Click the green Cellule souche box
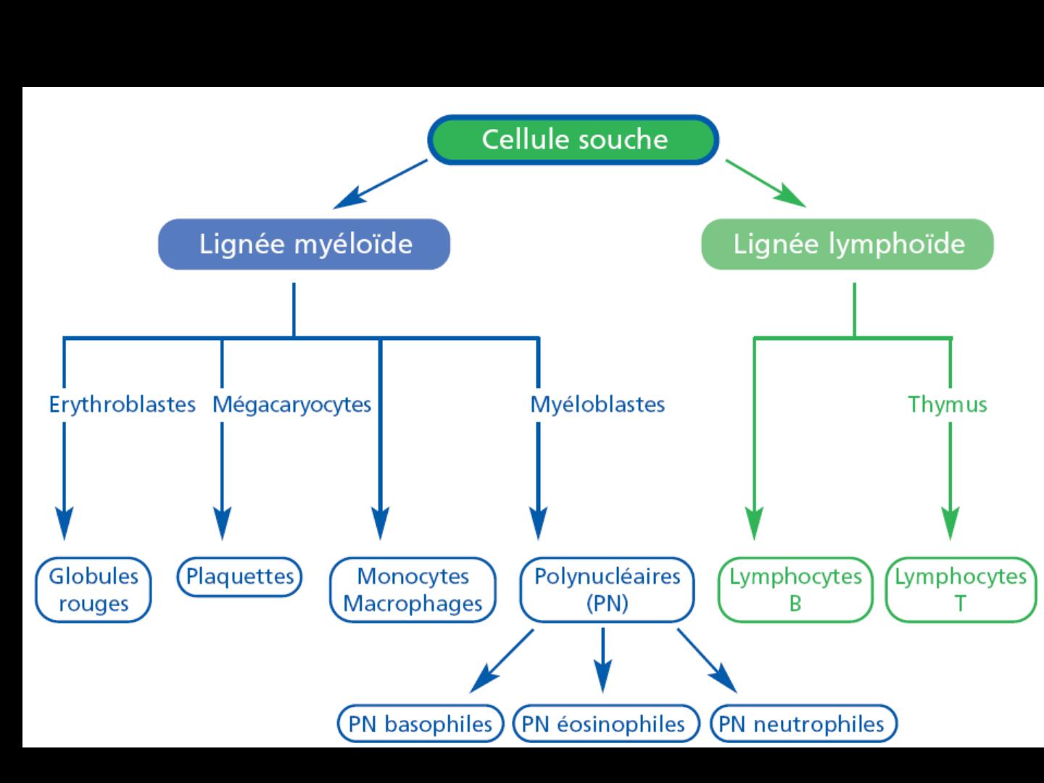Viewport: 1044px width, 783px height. click(x=573, y=140)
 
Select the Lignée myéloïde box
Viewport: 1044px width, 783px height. click(x=304, y=244)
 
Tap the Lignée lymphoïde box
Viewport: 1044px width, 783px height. click(x=848, y=244)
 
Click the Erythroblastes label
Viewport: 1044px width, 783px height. click(x=123, y=405)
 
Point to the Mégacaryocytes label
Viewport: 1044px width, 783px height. click(x=291, y=405)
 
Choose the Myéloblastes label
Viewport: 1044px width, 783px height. click(x=597, y=405)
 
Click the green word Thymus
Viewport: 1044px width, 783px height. click(x=948, y=405)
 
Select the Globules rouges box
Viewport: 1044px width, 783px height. click(x=94, y=589)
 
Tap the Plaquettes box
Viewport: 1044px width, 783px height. click(x=239, y=576)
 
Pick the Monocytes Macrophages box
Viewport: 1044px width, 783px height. click(x=413, y=589)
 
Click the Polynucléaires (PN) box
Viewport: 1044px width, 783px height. click(x=608, y=589)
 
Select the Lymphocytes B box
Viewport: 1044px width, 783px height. click(x=795, y=589)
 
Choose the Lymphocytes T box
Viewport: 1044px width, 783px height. click(x=961, y=589)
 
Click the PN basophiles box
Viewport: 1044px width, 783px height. click(x=420, y=724)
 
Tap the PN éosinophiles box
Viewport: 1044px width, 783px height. click(x=606, y=724)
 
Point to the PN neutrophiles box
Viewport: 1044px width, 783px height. click(x=803, y=724)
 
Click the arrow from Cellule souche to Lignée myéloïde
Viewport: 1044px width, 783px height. click(x=380, y=184)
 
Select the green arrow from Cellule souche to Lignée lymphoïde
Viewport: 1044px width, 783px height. click(x=766, y=183)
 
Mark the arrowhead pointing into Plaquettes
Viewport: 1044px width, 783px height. click(x=222, y=523)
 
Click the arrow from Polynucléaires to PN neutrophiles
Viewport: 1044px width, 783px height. click(x=708, y=660)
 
